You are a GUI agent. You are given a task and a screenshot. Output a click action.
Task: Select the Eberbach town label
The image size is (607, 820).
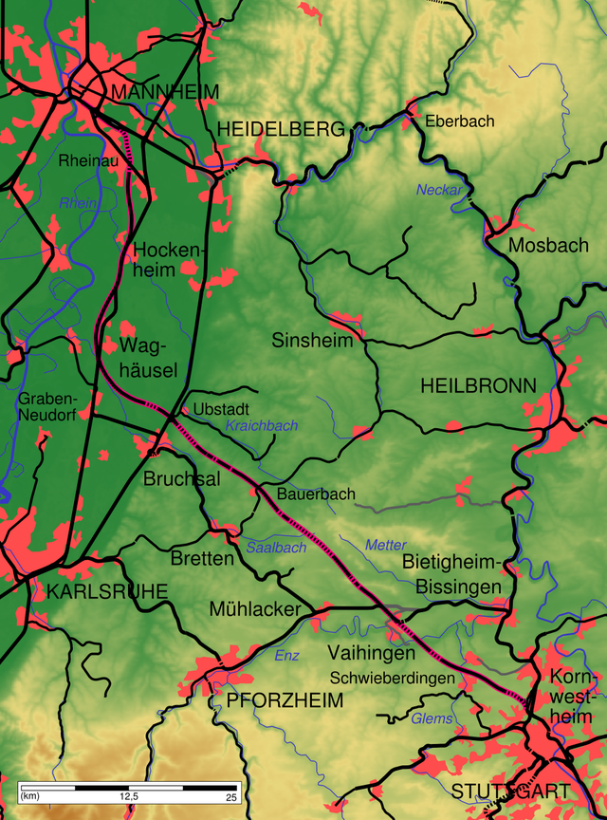[460, 121]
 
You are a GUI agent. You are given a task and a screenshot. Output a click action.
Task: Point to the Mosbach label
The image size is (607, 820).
[548, 246]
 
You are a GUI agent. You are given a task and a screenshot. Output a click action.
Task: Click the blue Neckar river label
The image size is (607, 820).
[439, 190]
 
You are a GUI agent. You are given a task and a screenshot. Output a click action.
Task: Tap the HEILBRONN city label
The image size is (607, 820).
[478, 385]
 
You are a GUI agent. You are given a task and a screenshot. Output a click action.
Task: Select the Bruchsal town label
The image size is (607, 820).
[181, 479]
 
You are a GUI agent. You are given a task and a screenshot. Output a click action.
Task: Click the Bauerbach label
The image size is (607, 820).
[316, 494]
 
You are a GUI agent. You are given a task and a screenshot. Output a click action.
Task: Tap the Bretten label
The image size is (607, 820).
[202, 558]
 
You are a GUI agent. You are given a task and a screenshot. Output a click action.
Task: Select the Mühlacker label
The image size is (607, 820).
[255, 609]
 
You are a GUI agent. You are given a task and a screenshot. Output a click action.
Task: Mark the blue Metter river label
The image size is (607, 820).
[386, 545]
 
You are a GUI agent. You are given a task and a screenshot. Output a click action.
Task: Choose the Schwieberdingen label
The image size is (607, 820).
[393, 679]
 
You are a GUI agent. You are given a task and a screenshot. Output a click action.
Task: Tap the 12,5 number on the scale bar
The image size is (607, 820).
[129, 796]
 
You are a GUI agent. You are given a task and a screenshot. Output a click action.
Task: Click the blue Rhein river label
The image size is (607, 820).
[78, 203]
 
